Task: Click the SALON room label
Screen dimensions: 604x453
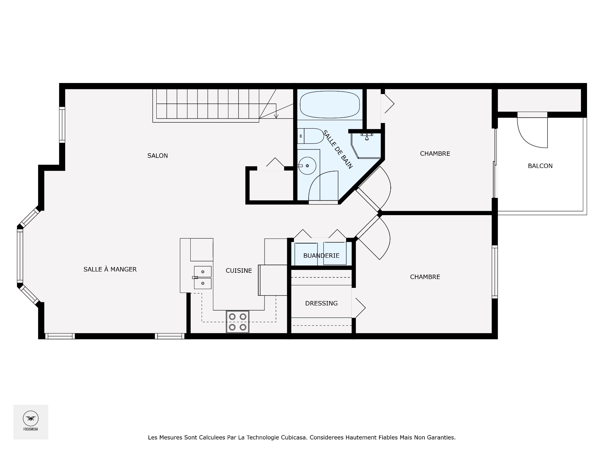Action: (158, 156)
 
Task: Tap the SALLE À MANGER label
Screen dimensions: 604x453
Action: (110, 269)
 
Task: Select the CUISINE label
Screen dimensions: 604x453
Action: (239, 271)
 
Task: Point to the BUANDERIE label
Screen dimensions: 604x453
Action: (321, 256)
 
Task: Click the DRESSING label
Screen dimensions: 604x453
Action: (321, 303)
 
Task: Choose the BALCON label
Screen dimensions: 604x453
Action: (540, 166)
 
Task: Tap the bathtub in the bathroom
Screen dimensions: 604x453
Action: (330, 104)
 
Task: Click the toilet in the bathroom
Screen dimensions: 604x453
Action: (310, 136)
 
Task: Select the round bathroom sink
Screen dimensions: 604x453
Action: (307, 166)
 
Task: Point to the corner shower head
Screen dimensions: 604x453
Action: (367, 137)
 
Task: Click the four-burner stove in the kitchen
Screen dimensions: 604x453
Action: (238, 322)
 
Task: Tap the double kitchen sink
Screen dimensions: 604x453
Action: (202, 277)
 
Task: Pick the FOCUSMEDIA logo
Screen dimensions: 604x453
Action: (31, 422)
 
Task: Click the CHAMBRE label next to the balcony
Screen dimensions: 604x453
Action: (435, 154)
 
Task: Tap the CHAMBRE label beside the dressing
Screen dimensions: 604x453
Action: (425, 277)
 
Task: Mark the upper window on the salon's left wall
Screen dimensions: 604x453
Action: (62, 125)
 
